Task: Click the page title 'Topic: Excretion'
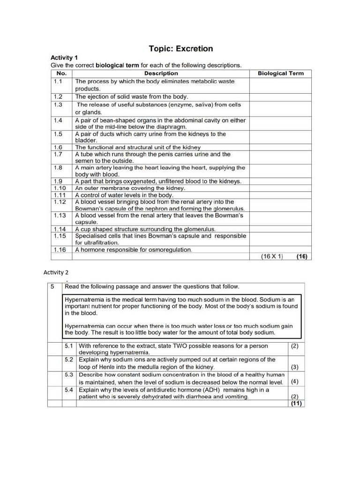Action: tap(180, 49)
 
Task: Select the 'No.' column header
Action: tap(61, 73)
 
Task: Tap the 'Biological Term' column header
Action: tap(281, 73)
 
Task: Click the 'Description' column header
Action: tap(161, 73)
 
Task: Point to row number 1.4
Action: tap(58, 120)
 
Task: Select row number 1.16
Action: tap(60, 250)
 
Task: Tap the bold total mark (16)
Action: tap(301, 256)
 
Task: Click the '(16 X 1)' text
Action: tap(272, 256)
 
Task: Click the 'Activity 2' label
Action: tap(58, 272)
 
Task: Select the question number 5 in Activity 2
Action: tap(53, 286)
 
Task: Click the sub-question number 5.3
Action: tap(69, 375)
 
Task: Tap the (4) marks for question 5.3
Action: tap(295, 382)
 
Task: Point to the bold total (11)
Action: tap(295, 403)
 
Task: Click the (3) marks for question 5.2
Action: tap(295, 367)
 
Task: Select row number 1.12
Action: tap(60, 202)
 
